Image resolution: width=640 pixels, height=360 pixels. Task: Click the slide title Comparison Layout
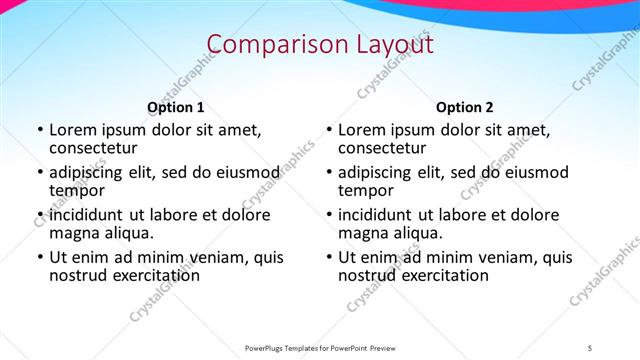pyautogui.click(x=320, y=45)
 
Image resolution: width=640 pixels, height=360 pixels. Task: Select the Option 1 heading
pyautogui.click(x=176, y=108)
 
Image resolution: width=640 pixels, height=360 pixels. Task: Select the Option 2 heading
pyautogui.click(x=465, y=108)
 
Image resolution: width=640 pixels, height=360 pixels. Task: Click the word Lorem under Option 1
pyautogui.click(x=72, y=130)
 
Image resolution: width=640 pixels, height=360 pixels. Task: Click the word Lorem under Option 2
pyautogui.click(x=361, y=130)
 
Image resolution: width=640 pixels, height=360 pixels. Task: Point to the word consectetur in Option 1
pyautogui.click(x=92, y=148)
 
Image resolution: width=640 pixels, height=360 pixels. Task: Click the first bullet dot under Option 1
pyautogui.click(x=39, y=131)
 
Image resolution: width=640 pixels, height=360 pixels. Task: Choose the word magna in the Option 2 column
pyautogui.click(x=362, y=233)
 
